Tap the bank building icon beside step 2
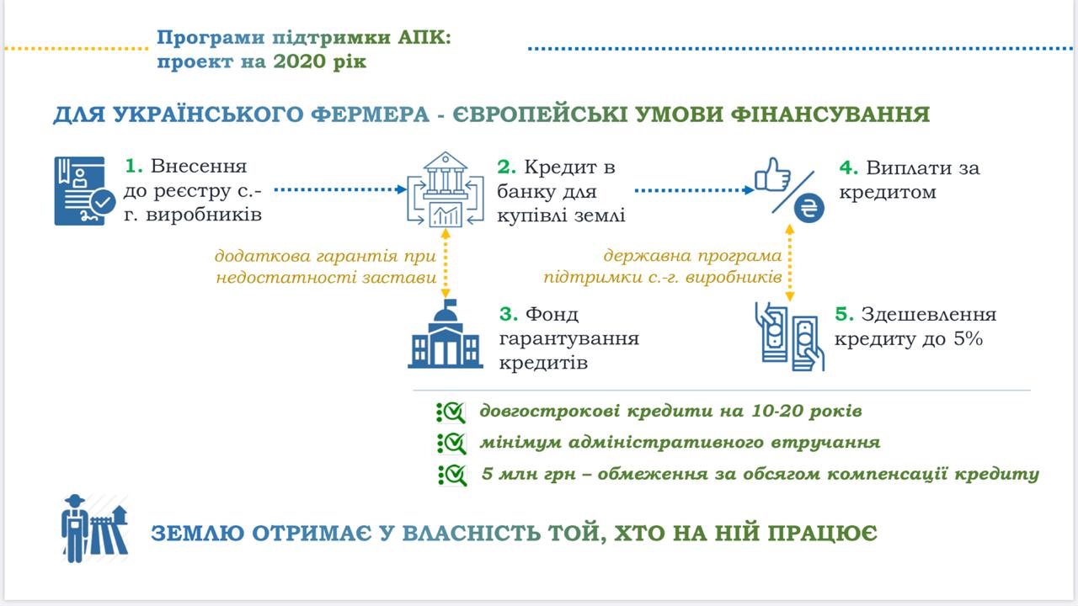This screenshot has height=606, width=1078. coord(446,189)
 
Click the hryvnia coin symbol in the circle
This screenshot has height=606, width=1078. coord(808,209)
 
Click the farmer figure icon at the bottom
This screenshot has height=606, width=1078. coord(77,528)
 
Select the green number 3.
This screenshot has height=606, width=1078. coord(507,315)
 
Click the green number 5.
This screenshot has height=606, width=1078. coord(844,315)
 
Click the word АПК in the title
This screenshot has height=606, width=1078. coord(423,39)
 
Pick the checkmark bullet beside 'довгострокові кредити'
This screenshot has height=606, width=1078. coord(451,412)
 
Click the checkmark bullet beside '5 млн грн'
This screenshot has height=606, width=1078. coord(451,475)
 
